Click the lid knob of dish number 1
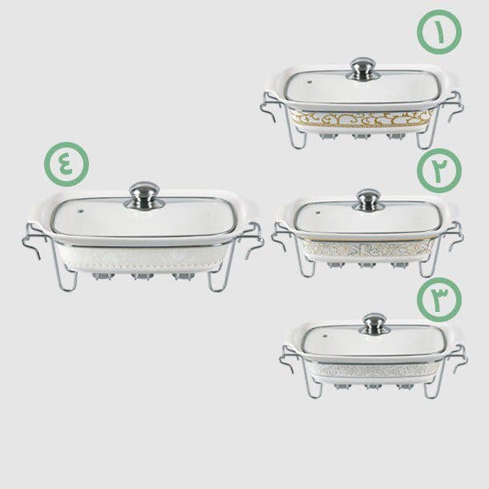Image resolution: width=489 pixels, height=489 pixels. pyautogui.click(x=362, y=69)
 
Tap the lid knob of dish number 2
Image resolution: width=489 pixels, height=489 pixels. pyautogui.click(x=368, y=200)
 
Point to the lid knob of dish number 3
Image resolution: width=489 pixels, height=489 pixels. pyautogui.click(x=374, y=324)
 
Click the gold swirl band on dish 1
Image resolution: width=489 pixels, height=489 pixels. pyautogui.click(x=362, y=119)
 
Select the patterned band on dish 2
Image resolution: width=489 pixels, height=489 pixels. pyautogui.click(x=368, y=249)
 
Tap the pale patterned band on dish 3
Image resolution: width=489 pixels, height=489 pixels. pyautogui.click(x=377, y=371)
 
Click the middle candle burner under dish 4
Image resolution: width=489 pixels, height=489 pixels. pyautogui.click(x=142, y=277)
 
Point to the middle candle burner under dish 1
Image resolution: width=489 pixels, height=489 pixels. pyautogui.click(x=361, y=136)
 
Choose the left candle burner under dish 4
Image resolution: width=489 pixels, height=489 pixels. pyautogui.click(x=103, y=276)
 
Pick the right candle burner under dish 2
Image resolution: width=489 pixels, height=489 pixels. pyautogui.click(x=400, y=265)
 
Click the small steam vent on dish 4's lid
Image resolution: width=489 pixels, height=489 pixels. pyautogui.click(x=80, y=211)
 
